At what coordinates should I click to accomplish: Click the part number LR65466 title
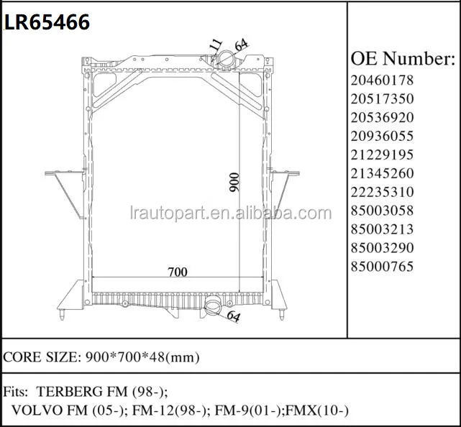pos(47,22)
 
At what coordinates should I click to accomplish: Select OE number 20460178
pos(382,80)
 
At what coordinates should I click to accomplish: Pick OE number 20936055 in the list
pos(382,136)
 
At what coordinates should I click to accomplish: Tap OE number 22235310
pos(382,192)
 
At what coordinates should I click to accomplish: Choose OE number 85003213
pos(382,229)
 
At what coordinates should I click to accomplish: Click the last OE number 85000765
pos(382,267)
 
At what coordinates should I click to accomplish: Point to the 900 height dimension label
pos(234,182)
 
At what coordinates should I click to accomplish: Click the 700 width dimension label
pos(178,272)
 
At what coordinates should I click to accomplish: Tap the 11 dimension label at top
pos(215,45)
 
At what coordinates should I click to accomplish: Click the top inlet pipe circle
pos(226,59)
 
